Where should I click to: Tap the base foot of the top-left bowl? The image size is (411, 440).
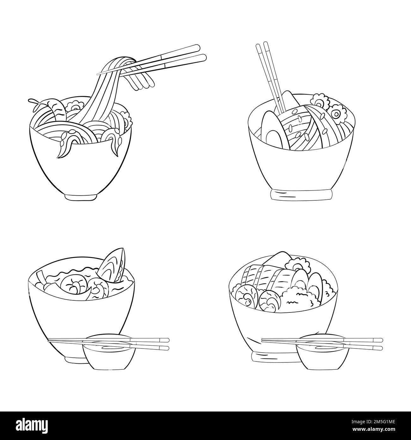(x=81, y=196)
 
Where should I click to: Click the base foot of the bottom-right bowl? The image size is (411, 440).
(x=273, y=356)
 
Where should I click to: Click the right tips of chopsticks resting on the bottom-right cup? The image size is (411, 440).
(x=376, y=344)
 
